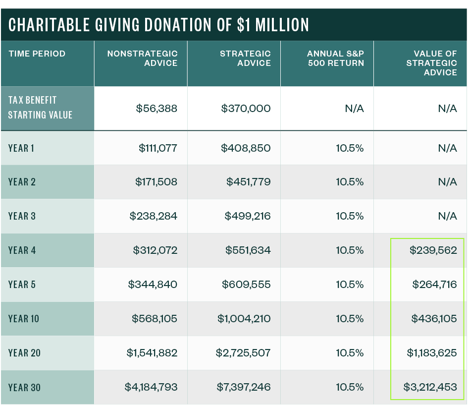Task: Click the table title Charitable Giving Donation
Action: click(x=158, y=25)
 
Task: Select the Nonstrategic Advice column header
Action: click(x=143, y=58)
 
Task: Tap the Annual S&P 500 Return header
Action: click(x=335, y=58)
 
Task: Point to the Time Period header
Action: click(x=37, y=54)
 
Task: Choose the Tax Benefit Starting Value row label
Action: click(x=41, y=108)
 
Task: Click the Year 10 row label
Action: click(x=24, y=319)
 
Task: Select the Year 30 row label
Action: click(x=24, y=387)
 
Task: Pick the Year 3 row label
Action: click(x=22, y=216)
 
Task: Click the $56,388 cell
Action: click(x=156, y=108)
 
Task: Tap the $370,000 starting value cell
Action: click(x=246, y=108)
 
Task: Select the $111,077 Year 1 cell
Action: click(x=158, y=148)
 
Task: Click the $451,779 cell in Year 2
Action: click(x=249, y=182)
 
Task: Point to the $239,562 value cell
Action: click(x=433, y=250)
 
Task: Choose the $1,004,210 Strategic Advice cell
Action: click(x=244, y=319)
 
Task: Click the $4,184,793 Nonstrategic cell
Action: click(x=152, y=387)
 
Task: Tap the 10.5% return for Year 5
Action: click(x=350, y=285)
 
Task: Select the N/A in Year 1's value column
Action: click(x=447, y=148)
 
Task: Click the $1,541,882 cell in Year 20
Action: click(x=152, y=353)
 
